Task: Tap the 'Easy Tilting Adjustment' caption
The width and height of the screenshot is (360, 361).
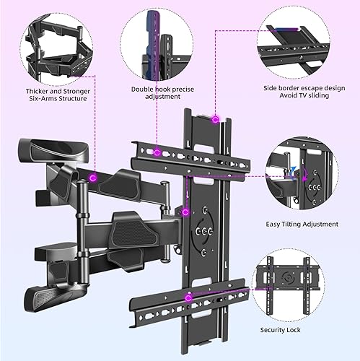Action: pos(302,224)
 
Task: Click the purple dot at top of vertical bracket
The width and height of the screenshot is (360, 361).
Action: pos(214,122)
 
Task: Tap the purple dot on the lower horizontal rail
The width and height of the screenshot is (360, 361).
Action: pos(189,297)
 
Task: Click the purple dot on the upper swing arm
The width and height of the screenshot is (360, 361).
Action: pos(95,177)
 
